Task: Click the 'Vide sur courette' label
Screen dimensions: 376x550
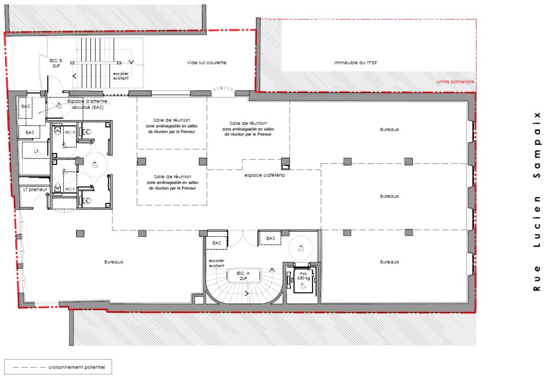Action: point(206,63)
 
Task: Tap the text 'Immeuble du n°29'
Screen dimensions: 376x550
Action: point(355,63)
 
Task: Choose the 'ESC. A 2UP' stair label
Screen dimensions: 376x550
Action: point(243,275)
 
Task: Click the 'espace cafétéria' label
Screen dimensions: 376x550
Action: point(265,175)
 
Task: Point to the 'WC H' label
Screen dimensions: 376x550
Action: point(70,132)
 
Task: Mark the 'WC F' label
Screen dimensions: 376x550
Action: point(70,189)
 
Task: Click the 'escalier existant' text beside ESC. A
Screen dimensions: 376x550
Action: point(217,263)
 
